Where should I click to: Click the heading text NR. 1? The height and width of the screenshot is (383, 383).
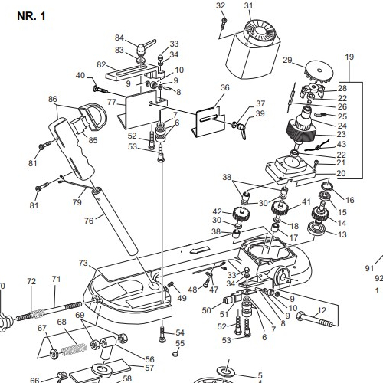click(31, 16)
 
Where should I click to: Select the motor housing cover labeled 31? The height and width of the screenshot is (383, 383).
click(253, 50)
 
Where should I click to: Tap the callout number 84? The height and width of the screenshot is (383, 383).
click(119, 38)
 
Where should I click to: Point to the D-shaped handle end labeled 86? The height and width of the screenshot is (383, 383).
click(94, 116)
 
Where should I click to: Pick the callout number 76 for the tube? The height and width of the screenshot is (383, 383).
click(89, 221)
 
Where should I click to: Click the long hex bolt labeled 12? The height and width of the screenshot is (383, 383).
click(315, 320)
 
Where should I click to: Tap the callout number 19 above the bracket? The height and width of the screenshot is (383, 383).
click(349, 57)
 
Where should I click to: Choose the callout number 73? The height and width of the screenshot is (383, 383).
click(83, 263)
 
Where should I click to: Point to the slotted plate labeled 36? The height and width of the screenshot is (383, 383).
click(208, 121)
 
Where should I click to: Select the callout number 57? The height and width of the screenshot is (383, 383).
click(149, 368)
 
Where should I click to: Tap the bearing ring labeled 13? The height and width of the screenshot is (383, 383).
click(316, 228)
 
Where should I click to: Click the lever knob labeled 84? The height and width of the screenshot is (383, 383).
click(144, 47)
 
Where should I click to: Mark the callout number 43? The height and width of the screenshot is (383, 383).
click(342, 144)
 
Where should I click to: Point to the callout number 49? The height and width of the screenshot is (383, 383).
click(182, 298)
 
